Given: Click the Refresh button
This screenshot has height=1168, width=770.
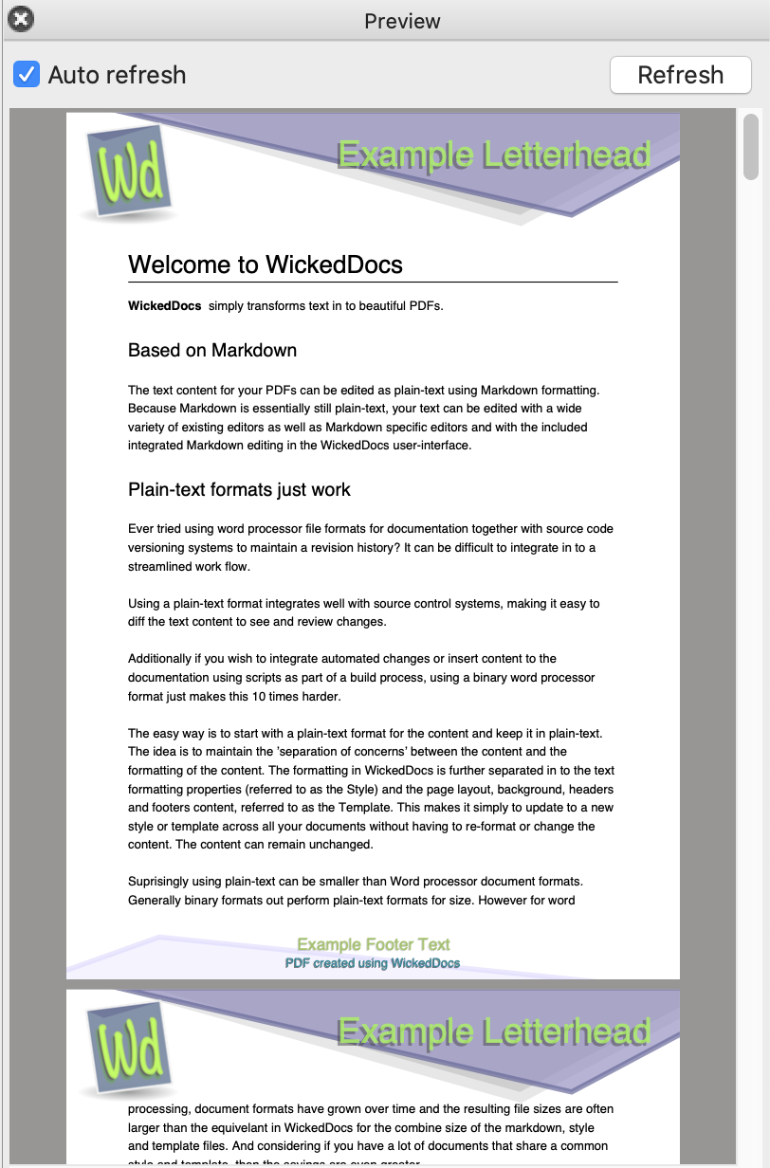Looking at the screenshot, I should point(680,75).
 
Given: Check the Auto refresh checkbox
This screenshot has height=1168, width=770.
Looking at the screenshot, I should point(27,74).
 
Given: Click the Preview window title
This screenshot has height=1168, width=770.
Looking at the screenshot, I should point(402,21).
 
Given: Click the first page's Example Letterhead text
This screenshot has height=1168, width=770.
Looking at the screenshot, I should point(493,155).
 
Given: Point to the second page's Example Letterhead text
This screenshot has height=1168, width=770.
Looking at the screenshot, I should point(493,1031).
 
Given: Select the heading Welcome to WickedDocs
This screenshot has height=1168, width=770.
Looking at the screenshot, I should point(266,265).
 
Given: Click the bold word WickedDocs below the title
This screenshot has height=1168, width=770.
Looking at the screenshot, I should point(164,306).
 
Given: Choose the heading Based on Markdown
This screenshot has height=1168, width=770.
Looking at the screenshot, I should point(212,351).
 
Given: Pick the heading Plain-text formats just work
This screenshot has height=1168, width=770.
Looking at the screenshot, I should point(239,490).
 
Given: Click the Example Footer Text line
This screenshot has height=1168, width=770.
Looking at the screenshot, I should point(373,944).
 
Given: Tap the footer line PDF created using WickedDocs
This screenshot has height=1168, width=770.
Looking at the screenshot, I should point(373,963).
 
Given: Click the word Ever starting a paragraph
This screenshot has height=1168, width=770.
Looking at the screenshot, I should point(141,529).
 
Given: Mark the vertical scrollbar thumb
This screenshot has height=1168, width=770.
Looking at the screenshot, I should point(751,147).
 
